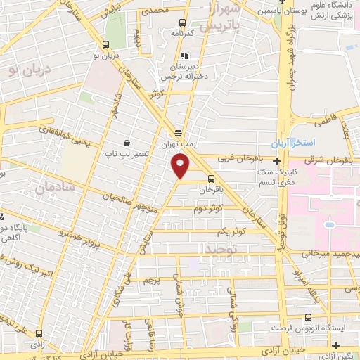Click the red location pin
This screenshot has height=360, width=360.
coord(181,167)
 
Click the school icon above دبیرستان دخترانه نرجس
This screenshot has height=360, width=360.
coord(184,56)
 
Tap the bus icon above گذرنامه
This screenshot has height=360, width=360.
coord(182,22)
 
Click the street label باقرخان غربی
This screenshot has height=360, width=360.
coord(241,160)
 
